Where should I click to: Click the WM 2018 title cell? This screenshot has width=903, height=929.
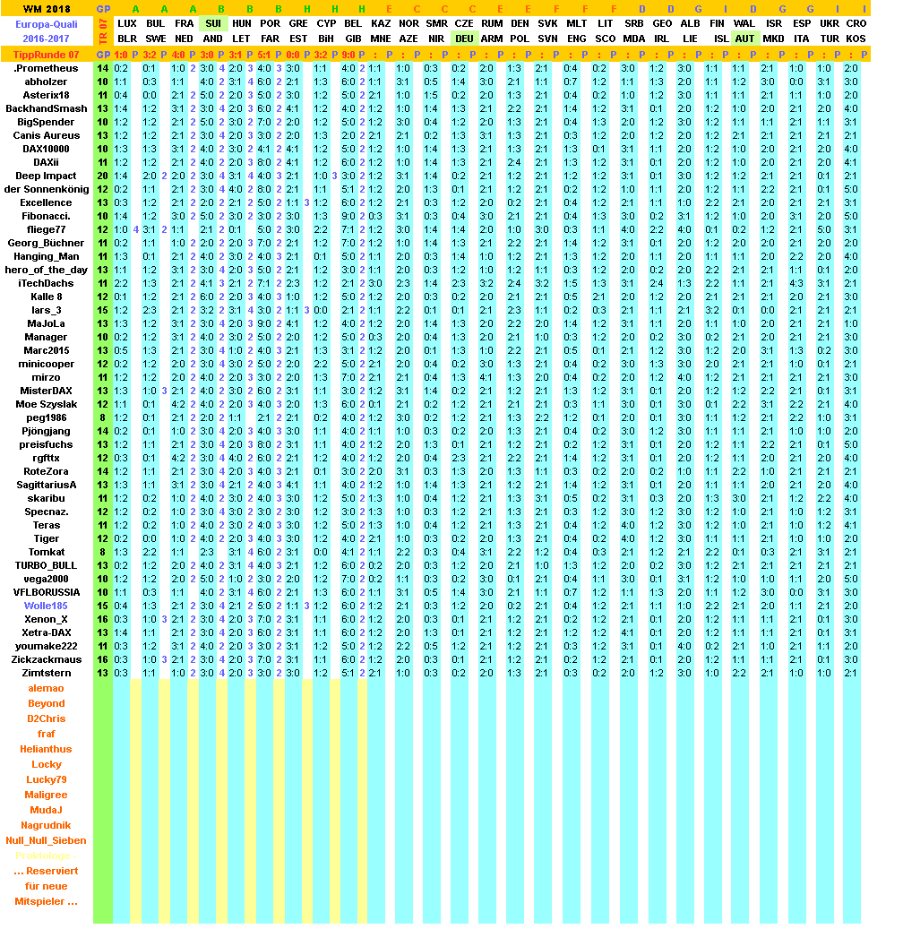pyautogui.click(x=46, y=8)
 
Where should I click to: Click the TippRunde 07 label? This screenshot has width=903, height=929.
pyautogui.click(x=47, y=55)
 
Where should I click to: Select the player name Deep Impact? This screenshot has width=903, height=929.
pyautogui.click(x=46, y=176)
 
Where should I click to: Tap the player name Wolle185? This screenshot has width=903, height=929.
pyautogui.click(x=46, y=606)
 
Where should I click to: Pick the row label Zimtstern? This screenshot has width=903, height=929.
pyautogui.click(x=46, y=673)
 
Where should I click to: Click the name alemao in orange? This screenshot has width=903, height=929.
pyautogui.click(x=46, y=688)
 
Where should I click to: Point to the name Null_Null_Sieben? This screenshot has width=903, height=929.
pyautogui.click(x=46, y=840)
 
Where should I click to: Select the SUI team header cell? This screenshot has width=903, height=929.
pyautogui.click(x=213, y=22)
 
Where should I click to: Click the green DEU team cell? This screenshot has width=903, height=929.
pyautogui.click(x=464, y=39)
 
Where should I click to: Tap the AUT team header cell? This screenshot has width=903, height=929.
pyautogui.click(x=744, y=39)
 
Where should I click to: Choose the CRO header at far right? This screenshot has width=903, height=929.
pyautogui.click(x=856, y=22)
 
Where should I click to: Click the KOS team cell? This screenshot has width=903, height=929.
pyautogui.click(x=856, y=39)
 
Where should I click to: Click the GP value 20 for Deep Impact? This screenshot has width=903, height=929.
pyautogui.click(x=103, y=176)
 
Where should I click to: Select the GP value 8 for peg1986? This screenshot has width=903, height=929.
pyautogui.click(x=103, y=417)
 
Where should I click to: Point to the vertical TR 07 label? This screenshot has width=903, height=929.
pyautogui.click(x=103, y=30)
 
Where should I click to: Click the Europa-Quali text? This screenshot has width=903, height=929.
pyautogui.click(x=46, y=24)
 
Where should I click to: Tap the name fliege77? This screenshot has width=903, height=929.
pyautogui.click(x=46, y=229)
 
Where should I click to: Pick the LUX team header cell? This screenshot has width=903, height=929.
pyautogui.click(x=128, y=22)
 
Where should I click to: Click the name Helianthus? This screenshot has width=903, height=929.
pyautogui.click(x=46, y=749)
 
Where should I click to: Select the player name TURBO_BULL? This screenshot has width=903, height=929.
pyautogui.click(x=46, y=565)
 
